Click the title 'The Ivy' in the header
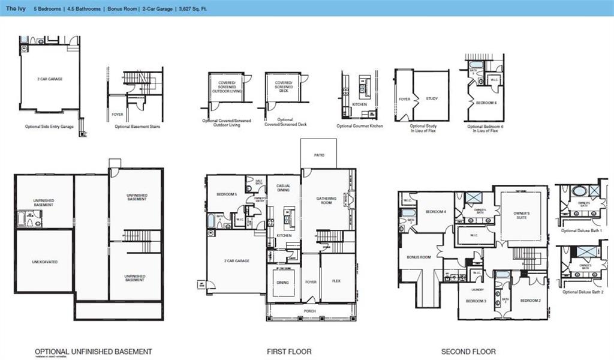point(16,9)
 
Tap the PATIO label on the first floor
point(319,155)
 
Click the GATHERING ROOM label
point(327,200)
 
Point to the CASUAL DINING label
point(283,188)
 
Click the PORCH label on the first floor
point(309,311)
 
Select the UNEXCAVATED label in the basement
point(45,262)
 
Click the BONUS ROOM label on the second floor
point(419,257)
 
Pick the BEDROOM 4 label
point(435,212)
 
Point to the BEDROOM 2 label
point(531,300)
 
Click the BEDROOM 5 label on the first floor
point(226,194)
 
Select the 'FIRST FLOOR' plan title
point(289,352)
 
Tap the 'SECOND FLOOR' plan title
point(468,352)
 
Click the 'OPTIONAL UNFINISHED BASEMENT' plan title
point(93,352)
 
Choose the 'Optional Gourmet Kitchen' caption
point(360,126)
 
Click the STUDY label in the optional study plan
point(432,99)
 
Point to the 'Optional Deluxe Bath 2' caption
point(583,292)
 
